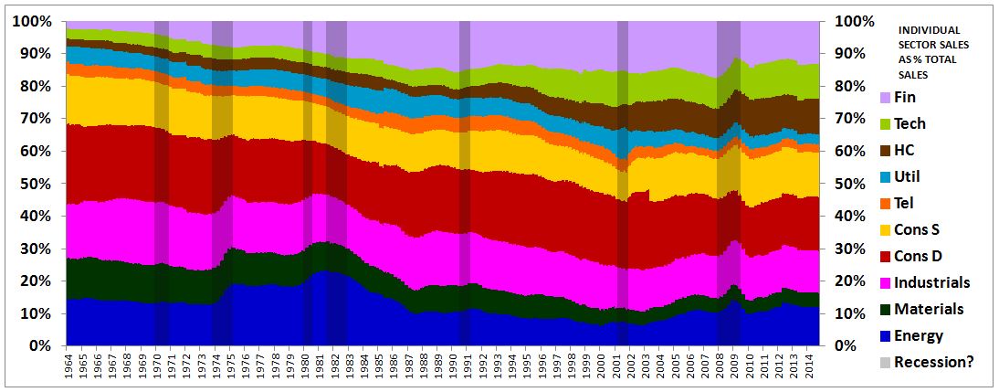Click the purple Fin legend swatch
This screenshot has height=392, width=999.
[884, 97]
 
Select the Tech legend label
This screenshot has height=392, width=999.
[911, 123]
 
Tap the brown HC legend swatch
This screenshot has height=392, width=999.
[884, 150]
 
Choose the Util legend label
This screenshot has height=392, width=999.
[909, 176]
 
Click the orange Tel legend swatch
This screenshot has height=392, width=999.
[884, 203]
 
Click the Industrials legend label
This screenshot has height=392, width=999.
[932, 282]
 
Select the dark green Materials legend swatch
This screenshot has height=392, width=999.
[884, 309]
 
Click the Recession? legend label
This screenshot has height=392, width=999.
[934, 362]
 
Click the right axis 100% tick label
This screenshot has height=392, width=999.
[855, 21]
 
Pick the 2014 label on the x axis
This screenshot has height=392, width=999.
[810, 368]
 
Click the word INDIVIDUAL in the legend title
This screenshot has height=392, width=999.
[934, 29]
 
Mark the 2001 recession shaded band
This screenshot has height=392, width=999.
[623, 183]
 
